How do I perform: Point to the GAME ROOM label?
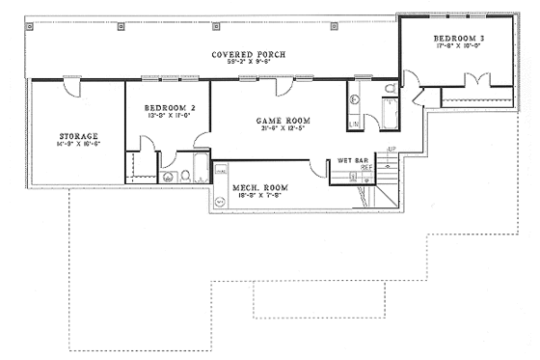275,121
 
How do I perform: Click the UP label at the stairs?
390,149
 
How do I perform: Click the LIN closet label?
354,124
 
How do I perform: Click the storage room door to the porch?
68,87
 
